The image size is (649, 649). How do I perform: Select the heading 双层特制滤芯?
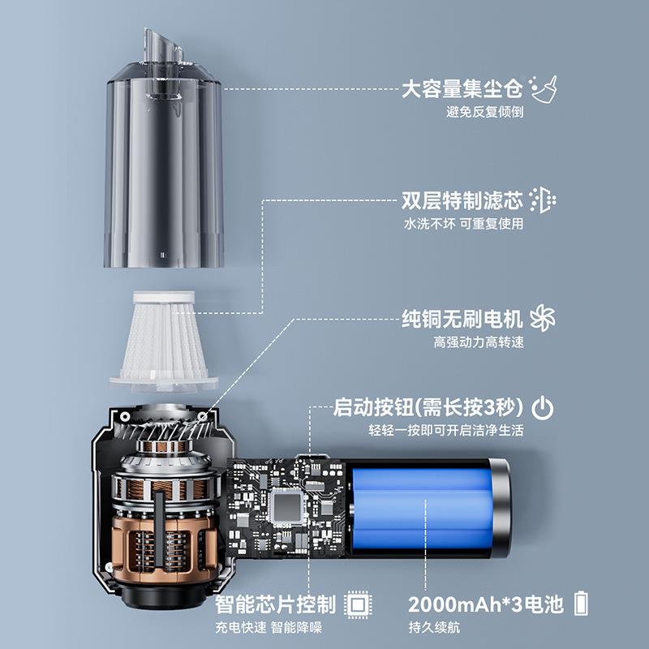(462, 200)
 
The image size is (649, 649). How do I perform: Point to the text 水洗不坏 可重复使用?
(463, 224)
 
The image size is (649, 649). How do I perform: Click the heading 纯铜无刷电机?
(462, 317)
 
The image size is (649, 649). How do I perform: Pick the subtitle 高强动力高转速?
(479, 341)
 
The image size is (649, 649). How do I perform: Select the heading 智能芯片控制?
(275, 604)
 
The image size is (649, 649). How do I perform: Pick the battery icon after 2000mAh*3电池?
(582, 604)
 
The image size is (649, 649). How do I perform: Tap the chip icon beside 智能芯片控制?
(354, 604)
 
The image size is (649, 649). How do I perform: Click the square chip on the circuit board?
(286, 509)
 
